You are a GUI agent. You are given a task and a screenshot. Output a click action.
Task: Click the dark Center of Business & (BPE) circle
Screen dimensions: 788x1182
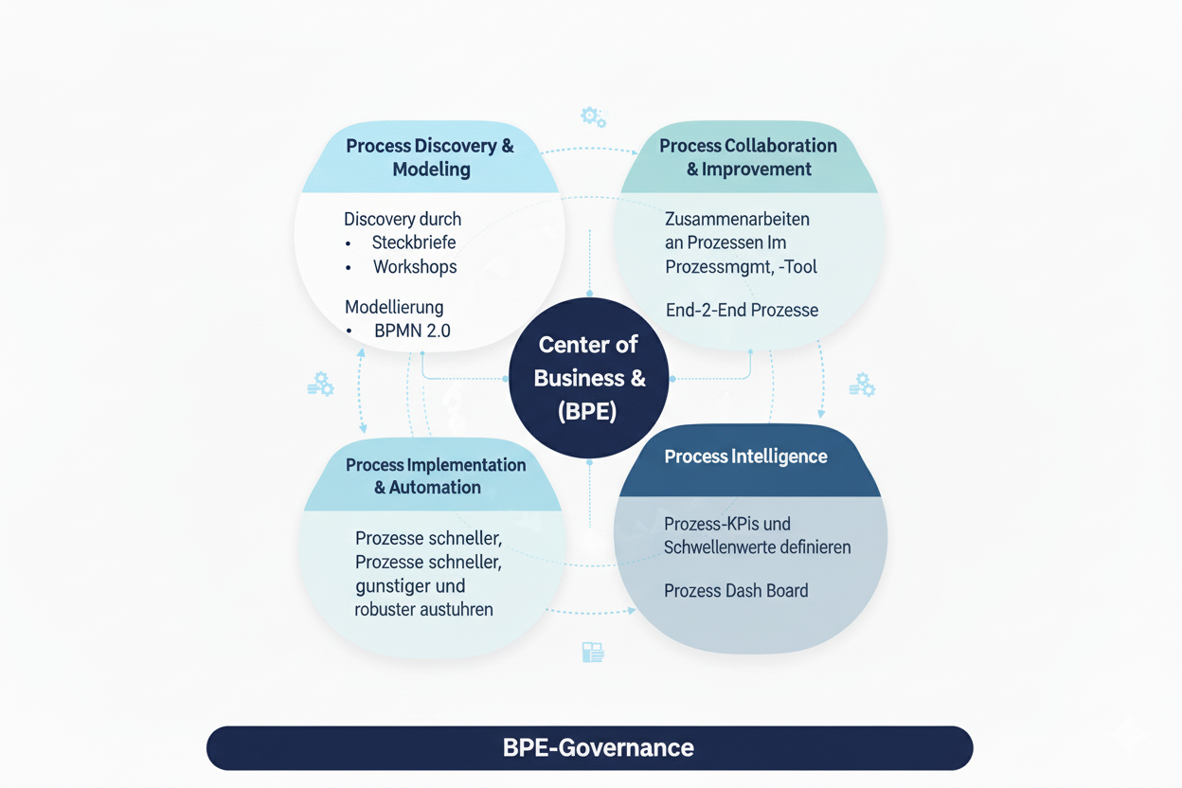(589, 378)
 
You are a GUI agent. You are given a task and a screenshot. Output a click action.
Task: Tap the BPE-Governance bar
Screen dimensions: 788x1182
(589, 747)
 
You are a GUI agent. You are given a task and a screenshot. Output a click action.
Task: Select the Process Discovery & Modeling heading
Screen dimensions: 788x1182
(430, 157)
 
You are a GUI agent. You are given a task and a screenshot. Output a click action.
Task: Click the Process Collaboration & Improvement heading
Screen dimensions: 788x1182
(748, 157)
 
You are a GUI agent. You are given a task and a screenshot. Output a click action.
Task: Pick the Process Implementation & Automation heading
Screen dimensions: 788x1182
(436, 475)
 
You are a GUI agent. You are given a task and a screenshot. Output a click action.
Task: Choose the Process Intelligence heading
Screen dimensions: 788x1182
(746, 457)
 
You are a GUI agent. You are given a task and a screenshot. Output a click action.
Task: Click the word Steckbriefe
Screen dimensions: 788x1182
(414, 242)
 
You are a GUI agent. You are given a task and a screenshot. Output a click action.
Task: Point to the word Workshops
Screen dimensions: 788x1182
(415, 267)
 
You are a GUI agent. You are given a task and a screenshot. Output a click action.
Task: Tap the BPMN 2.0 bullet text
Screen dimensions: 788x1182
(412, 331)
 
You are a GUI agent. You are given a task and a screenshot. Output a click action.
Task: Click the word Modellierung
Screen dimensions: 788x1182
(394, 307)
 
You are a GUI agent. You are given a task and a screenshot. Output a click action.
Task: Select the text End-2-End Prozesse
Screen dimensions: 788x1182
(742, 310)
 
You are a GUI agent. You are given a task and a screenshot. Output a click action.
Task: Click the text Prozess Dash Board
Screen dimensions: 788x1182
(736, 591)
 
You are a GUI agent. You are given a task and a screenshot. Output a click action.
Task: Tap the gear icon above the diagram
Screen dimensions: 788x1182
(593, 116)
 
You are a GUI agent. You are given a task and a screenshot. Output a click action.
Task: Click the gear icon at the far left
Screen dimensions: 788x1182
(321, 384)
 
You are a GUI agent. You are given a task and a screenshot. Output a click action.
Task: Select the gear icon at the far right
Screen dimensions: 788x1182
(862, 384)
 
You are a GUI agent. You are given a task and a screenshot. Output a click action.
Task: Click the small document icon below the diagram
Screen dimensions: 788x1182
(593, 652)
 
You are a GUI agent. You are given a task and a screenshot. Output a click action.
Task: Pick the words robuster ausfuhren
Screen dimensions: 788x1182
(423, 609)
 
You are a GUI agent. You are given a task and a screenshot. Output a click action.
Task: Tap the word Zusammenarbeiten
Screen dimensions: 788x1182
(737, 219)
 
